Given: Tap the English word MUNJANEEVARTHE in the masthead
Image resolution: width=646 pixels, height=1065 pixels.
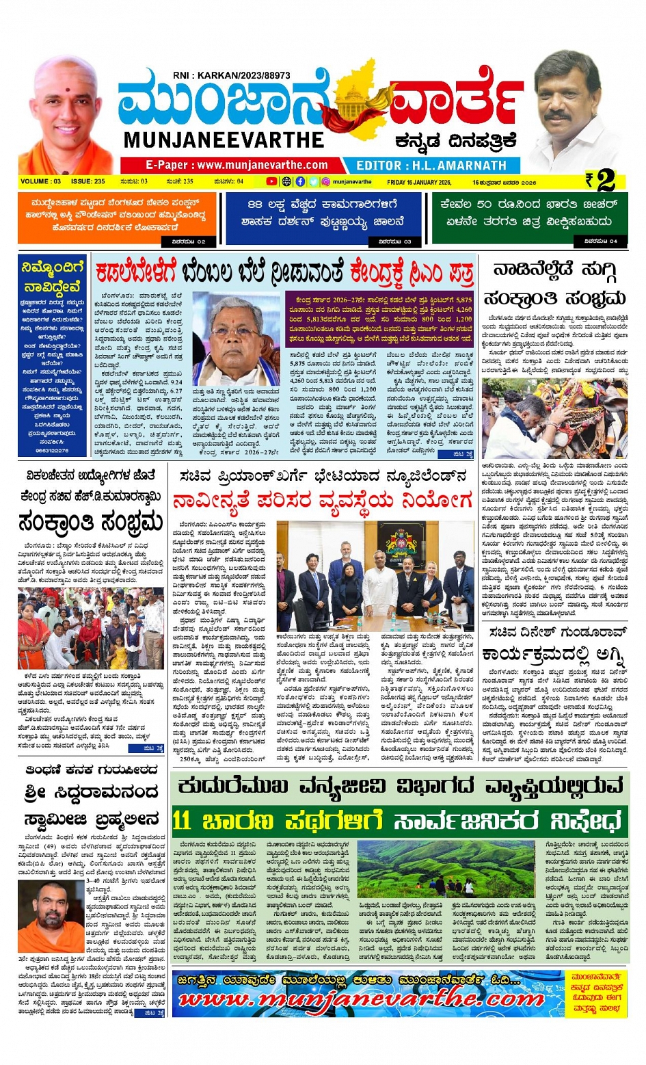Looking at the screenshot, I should pyautogui.click(x=224, y=140).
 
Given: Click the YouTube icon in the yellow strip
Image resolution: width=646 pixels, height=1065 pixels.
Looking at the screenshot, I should pyautogui.click(x=271, y=182).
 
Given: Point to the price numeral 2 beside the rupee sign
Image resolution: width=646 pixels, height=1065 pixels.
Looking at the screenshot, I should pyautogui.click(x=606, y=181).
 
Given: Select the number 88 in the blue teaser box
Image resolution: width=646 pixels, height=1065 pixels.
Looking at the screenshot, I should pyautogui.click(x=255, y=205).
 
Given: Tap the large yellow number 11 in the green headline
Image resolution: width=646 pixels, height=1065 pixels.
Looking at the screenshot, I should pyautogui.click(x=182, y=820).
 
